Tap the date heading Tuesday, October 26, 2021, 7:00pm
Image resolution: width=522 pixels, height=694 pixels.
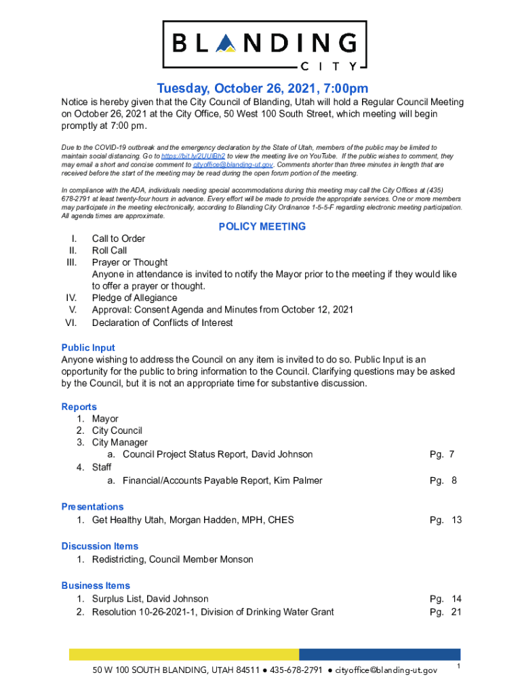click(x=262, y=89)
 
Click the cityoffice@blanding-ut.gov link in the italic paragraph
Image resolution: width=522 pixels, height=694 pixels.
click(x=233, y=165)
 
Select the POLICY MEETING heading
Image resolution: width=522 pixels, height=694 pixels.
click(x=262, y=227)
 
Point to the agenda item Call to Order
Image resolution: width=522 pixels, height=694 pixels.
click(x=119, y=239)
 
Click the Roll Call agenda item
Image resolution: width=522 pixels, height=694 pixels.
click(x=109, y=251)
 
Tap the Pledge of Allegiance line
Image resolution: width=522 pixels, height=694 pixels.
click(x=134, y=298)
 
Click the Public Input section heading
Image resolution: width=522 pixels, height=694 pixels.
click(x=88, y=348)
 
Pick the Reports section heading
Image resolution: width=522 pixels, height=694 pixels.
click(x=79, y=407)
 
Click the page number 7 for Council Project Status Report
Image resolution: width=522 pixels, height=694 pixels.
click(x=451, y=455)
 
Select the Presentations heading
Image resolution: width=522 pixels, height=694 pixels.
click(x=92, y=507)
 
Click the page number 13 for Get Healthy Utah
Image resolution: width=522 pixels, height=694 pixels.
click(x=456, y=520)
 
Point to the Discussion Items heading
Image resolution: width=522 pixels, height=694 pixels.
click(x=100, y=546)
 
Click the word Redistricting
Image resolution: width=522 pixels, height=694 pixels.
click(x=117, y=560)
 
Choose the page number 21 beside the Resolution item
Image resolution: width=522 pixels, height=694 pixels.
click(x=456, y=613)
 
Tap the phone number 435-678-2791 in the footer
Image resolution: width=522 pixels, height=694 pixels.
click(x=296, y=670)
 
